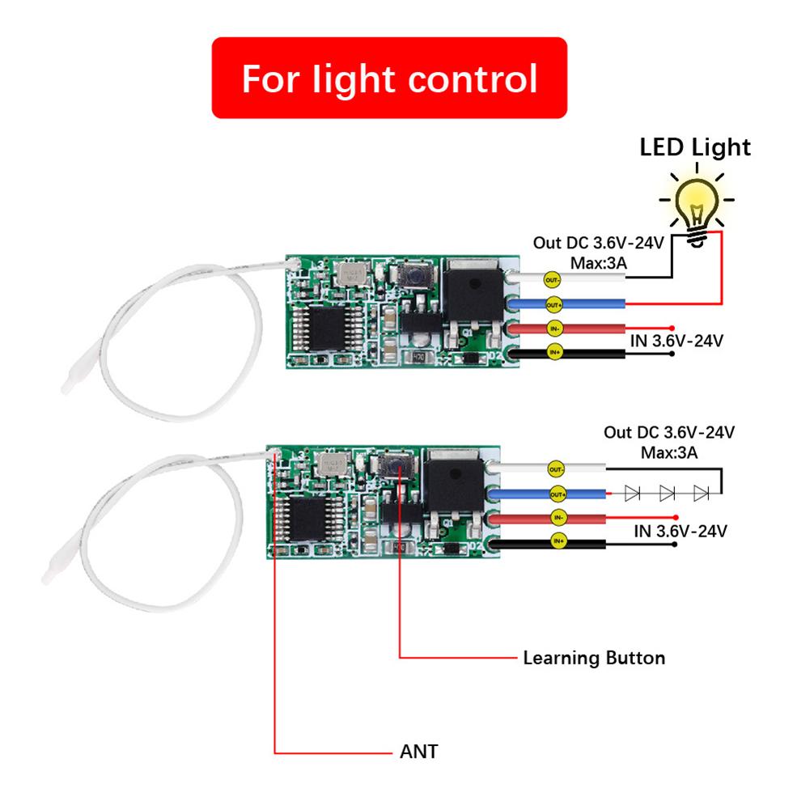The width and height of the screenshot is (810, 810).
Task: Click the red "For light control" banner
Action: pos(389,78)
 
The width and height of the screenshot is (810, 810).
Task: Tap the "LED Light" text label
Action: pos(695,147)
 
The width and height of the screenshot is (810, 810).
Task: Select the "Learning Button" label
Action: pos(594,658)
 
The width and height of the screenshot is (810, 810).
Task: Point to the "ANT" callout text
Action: pos(419,752)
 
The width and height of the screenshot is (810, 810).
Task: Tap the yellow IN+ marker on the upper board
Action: pos(554,352)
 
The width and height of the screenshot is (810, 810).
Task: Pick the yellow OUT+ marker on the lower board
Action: pos(558,494)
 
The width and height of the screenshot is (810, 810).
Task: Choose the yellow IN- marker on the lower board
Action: pos(558,516)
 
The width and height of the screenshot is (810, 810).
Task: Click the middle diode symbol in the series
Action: pos(667,492)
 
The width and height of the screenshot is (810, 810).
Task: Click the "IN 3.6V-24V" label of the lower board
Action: pos(680,532)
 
